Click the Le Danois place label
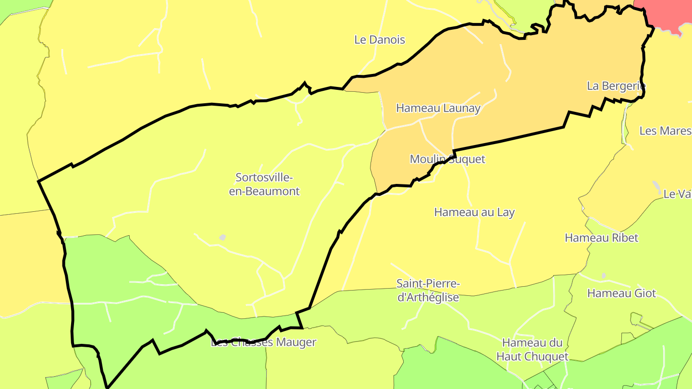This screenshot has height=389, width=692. (x=380, y=40)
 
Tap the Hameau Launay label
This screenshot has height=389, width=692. (x=438, y=108)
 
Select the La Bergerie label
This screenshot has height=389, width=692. (x=616, y=86)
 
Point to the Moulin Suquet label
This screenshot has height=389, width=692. (x=447, y=159)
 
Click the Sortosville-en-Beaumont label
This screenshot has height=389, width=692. (x=264, y=184)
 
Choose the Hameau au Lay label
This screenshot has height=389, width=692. (x=474, y=212)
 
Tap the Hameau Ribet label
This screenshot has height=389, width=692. (x=601, y=238)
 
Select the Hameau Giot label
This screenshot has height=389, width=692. (x=621, y=293)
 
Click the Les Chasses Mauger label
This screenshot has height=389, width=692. (x=264, y=342)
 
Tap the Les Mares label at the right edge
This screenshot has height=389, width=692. (x=665, y=131)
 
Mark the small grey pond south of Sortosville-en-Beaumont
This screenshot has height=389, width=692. (x=222, y=237)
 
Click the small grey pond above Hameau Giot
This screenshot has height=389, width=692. (x=604, y=276)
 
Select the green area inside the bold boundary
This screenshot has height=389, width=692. (x=120, y=293)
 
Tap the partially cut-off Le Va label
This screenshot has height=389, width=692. (x=677, y=194)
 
